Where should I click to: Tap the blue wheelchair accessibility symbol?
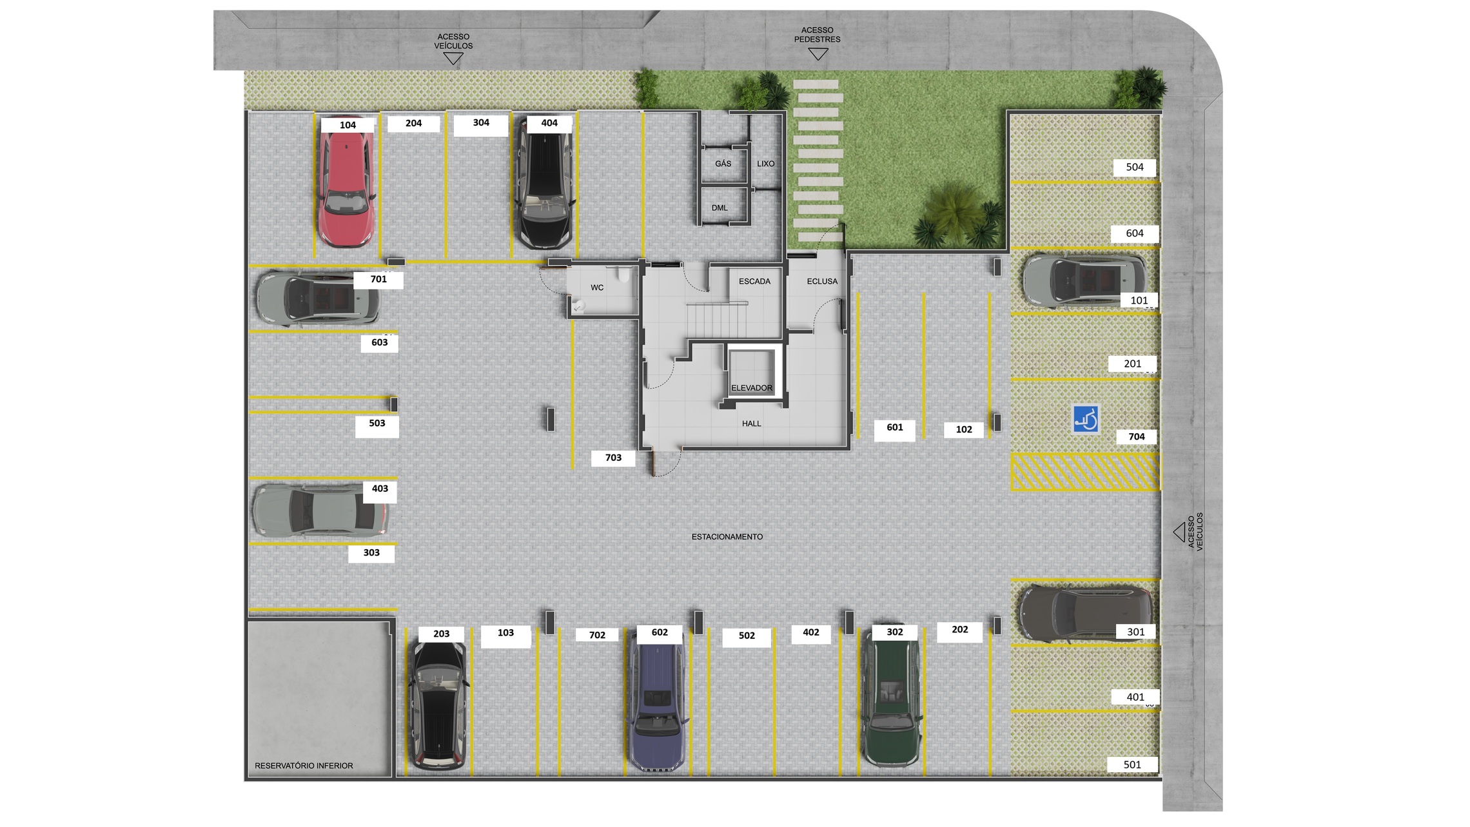coord(1086,419)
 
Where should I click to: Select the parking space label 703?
coord(613,458)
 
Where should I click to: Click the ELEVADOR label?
coord(752,388)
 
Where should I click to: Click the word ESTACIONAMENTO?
coord(727,537)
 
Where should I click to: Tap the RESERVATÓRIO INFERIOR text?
coord(304,766)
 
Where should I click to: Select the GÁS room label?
coord(723,164)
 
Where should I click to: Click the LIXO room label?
coord(766,164)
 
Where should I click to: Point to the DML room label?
coord(720,208)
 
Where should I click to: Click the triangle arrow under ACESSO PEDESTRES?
coord(818,55)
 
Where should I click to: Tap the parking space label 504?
coord(1135,168)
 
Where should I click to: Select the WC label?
coord(597,287)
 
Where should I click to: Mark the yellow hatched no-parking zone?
coord(1084,472)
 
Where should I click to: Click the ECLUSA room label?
coord(822,282)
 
